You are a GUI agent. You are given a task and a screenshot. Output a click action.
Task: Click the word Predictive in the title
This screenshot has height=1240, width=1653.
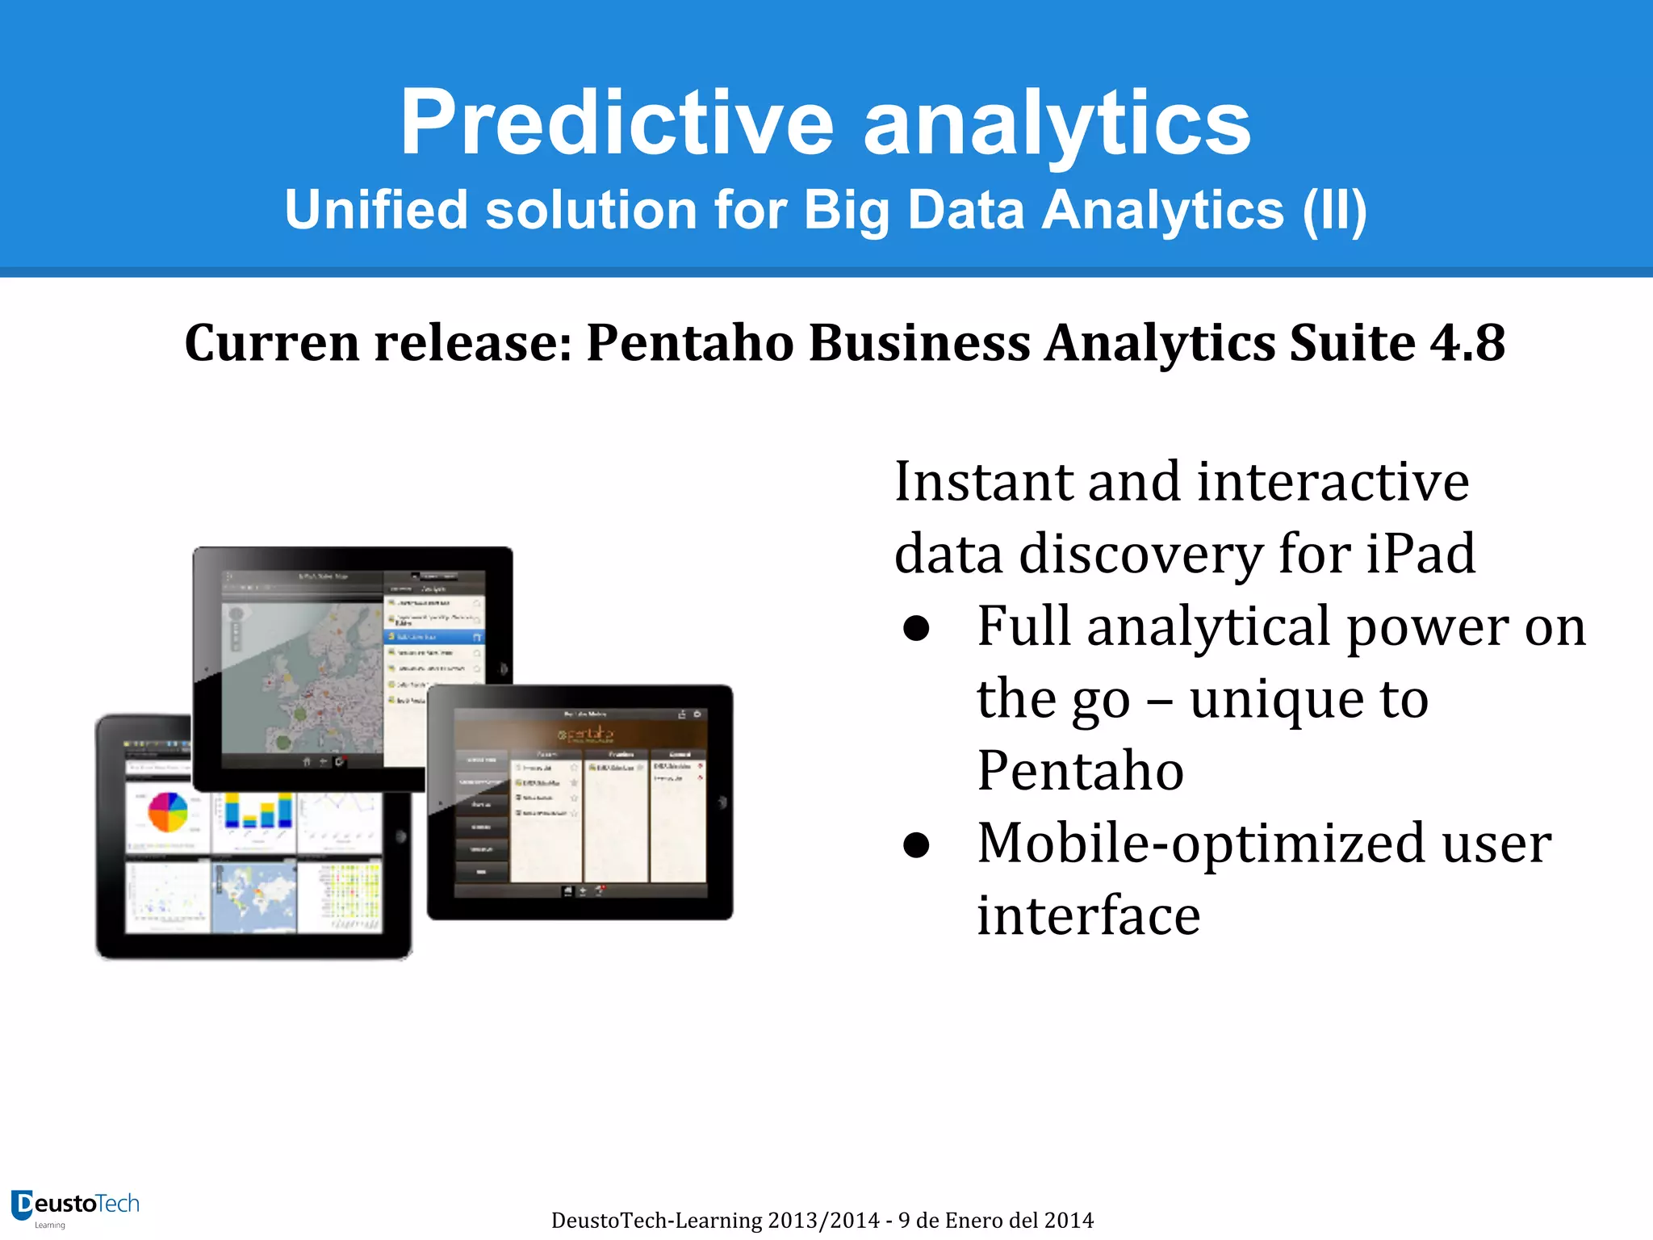[617, 123]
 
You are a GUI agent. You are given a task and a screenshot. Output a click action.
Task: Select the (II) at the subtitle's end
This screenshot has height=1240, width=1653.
[1334, 210]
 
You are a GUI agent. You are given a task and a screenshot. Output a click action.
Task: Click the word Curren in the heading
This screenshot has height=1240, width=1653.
[271, 342]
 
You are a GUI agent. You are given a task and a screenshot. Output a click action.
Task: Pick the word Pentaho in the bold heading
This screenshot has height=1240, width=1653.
[690, 342]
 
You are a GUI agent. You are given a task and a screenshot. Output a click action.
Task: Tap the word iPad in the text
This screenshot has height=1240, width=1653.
[1420, 554]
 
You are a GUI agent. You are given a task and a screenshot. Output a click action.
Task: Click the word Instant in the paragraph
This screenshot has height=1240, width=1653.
[983, 481]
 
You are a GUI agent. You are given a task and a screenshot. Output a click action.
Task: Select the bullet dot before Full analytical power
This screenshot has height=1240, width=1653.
[917, 629]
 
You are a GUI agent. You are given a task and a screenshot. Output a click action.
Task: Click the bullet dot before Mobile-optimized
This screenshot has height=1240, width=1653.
[917, 845]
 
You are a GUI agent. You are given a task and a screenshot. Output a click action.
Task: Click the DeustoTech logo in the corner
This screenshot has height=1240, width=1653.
[75, 1206]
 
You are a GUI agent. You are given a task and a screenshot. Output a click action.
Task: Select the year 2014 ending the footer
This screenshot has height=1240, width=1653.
[1068, 1220]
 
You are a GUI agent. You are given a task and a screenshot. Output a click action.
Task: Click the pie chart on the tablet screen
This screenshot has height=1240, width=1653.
[168, 811]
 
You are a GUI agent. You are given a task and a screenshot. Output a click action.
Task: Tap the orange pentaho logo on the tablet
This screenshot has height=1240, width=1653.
[586, 734]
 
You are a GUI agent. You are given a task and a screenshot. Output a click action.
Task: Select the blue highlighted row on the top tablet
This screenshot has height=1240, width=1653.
[433, 637]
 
